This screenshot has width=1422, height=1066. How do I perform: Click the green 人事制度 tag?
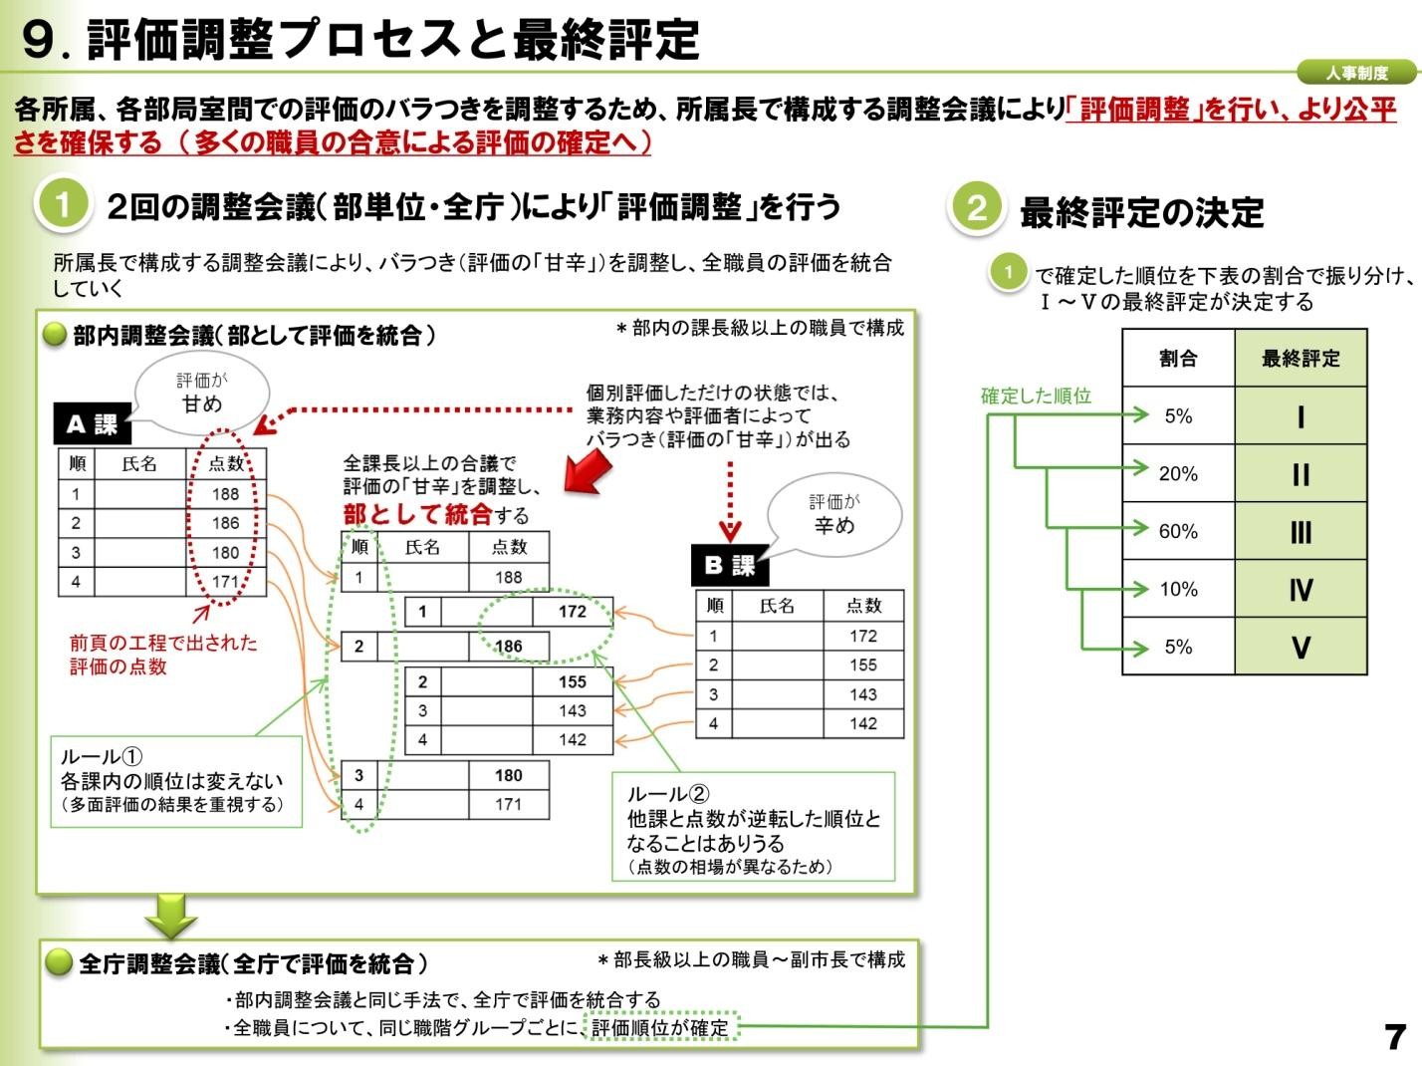pyautogui.click(x=1355, y=73)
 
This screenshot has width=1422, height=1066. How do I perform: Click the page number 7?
pyautogui.click(x=1395, y=1037)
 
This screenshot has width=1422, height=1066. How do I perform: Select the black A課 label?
pyautogui.click(x=92, y=425)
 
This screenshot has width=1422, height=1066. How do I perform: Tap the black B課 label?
pyautogui.click(x=729, y=566)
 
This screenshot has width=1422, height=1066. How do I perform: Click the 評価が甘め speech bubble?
pyautogui.click(x=202, y=395)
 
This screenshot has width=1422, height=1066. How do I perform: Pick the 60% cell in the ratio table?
pyautogui.click(x=1178, y=532)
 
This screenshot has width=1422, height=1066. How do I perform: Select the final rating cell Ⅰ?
pyautogui.click(x=1301, y=416)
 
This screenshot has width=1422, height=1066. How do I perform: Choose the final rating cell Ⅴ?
pyautogui.click(x=1301, y=648)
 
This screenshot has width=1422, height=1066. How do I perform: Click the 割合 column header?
pyautogui.click(x=1178, y=359)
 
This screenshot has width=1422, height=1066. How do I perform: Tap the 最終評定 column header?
pyautogui.click(x=1301, y=359)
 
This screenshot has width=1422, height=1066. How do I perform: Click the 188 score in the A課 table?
pyautogui.click(x=225, y=494)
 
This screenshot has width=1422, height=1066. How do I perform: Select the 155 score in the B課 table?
pyautogui.click(x=862, y=666)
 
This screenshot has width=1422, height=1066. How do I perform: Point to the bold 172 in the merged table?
pyautogui.click(x=572, y=612)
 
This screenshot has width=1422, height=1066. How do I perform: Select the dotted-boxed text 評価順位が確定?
pyautogui.click(x=660, y=1027)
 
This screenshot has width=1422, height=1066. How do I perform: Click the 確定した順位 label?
pyautogui.click(x=1036, y=396)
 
